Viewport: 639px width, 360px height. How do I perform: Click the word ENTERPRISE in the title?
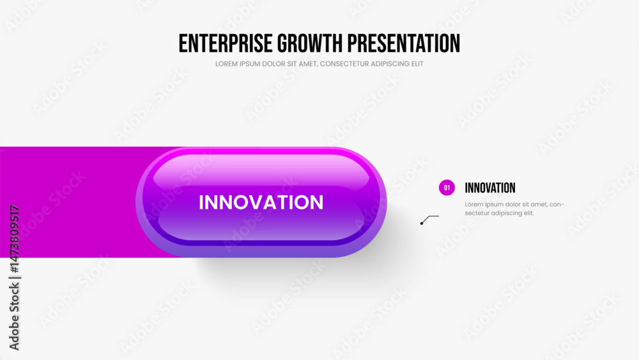[226, 43]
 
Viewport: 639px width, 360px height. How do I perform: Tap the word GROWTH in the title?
[310, 43]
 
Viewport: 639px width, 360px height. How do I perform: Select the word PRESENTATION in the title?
[404, 43]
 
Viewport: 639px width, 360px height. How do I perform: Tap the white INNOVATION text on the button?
[261, 202]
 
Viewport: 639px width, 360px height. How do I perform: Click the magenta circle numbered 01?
[447, 187]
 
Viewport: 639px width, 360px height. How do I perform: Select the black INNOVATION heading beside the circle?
[490, 188]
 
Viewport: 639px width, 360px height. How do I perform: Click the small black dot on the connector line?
[422, 223]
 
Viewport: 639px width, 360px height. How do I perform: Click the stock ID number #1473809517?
[14, 239]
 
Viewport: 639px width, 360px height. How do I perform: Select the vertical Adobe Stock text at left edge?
[14, 317]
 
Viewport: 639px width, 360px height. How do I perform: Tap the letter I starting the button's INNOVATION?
[201, 202]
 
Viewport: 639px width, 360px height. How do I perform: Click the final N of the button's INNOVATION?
[316, 202]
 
